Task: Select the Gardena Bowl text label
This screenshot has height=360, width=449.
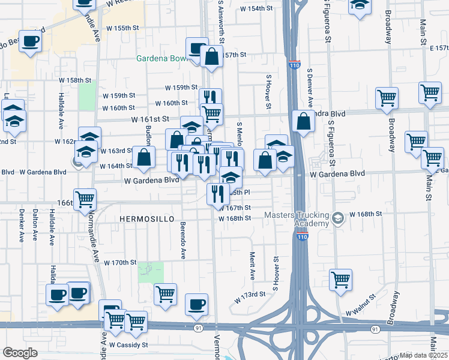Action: click(162, 59)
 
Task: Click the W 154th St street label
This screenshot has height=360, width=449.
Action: click(260, 9)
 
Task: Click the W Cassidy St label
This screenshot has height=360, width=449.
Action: click(128, 345)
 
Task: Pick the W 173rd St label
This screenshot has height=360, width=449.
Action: click(249, 295)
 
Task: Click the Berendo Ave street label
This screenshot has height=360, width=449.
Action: click(182, 240)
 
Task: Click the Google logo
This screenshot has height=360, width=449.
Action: click(19, 353)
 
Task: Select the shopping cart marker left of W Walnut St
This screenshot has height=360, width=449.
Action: click(340, 280)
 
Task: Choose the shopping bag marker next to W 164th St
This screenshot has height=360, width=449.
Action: click(144, 157)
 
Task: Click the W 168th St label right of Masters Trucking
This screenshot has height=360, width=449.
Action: click(366, 214)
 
